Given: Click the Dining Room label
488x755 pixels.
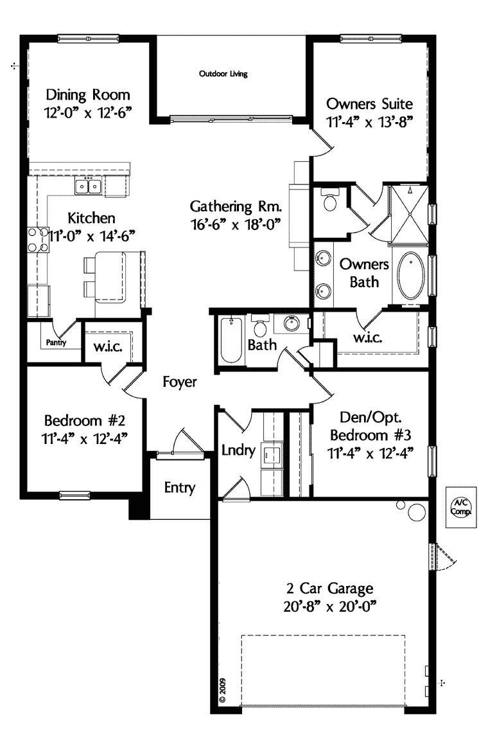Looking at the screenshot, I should coord(88,94).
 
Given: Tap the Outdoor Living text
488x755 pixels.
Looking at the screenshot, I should coord(223,74).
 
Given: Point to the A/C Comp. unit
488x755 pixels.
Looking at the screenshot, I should coord(460,507).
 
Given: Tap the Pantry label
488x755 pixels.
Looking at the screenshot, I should coord(55,343).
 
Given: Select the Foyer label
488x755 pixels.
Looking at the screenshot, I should coord(179,382).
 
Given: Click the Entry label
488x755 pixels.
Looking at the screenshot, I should coord(179,488).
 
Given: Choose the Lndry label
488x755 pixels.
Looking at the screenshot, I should coord(239,450).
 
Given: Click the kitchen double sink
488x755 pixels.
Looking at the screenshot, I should coord(89,187).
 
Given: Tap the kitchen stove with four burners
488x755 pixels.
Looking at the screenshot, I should coord(38,239).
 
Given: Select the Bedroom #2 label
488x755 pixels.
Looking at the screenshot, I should coord(84,421).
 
